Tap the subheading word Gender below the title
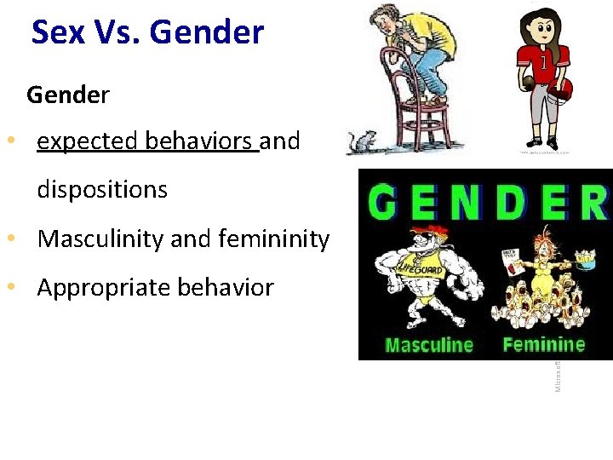pos(67,95)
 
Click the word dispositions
pos(102,189)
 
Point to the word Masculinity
pos(101,239)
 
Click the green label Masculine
pos(428,345)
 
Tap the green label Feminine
pos(544,344)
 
